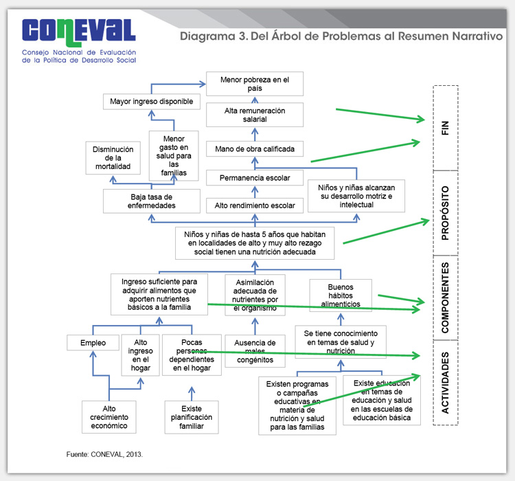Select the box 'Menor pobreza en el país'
pos(255,85)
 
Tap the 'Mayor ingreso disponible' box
pos(152,102)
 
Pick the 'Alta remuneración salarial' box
pos(255,115)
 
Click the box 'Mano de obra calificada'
pos(255,149)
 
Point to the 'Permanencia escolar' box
pos(255,178)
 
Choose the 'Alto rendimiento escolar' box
pos(255,205)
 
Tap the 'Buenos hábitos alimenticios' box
pos(341,295)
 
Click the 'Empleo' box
pos(93,342)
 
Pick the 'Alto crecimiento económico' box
pos(109,416)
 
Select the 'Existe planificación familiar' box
pos(193,416)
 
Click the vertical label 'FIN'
pos(445,127)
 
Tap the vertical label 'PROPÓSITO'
pos(445,212)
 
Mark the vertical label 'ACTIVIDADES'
pos(445,382)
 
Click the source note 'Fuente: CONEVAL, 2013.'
pos(106,455)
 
